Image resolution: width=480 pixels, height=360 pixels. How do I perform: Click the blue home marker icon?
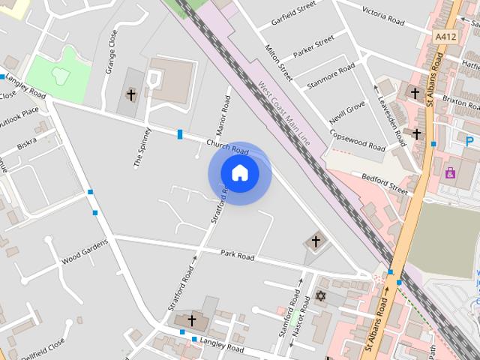[239, 173]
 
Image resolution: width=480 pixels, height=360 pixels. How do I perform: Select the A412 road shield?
[444, 35]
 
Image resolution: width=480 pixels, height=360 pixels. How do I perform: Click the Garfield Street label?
[292, 16]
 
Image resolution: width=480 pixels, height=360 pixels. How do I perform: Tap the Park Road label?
[237, 256]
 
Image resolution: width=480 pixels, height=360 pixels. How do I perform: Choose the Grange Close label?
[112, 51]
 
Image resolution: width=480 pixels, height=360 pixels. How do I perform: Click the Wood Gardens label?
[84, 253]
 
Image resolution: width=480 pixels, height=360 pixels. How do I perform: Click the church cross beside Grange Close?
[131, 94]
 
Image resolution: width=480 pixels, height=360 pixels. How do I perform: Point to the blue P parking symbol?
[469, 141]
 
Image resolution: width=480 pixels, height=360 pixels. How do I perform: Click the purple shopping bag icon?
[450, 173]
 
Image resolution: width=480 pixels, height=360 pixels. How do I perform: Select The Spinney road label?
[142, 146]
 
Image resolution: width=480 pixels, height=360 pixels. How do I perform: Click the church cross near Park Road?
[316, 241]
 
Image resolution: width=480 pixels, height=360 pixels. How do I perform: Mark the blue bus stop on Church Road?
[180, 134]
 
